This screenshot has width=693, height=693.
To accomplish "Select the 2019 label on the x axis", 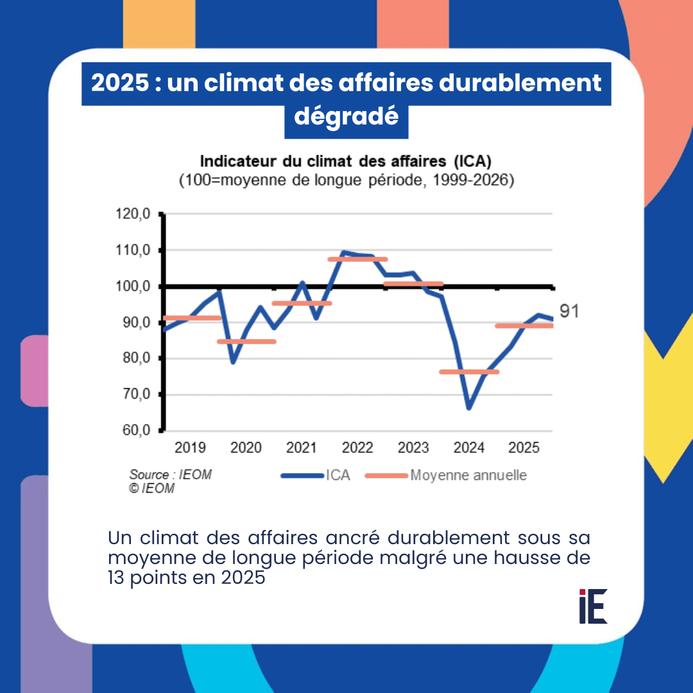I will point(191,448).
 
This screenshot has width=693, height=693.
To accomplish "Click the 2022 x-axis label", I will point(358,448).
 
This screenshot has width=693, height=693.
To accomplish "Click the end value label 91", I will point(569,312).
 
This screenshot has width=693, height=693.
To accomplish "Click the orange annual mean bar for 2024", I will point(469,372).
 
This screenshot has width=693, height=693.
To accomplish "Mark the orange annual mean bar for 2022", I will point(357,259).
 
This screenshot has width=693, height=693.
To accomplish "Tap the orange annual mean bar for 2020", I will point(246,341).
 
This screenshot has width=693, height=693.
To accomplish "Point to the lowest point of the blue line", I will point(469,408).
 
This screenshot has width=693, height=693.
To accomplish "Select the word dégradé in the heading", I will point(346,117).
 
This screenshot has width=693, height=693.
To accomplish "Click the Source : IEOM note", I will point(170,475).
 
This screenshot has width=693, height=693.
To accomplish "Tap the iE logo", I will point(592,606).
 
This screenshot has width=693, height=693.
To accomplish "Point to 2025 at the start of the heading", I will point(116,83).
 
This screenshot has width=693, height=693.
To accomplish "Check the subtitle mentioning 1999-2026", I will point(346,181).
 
